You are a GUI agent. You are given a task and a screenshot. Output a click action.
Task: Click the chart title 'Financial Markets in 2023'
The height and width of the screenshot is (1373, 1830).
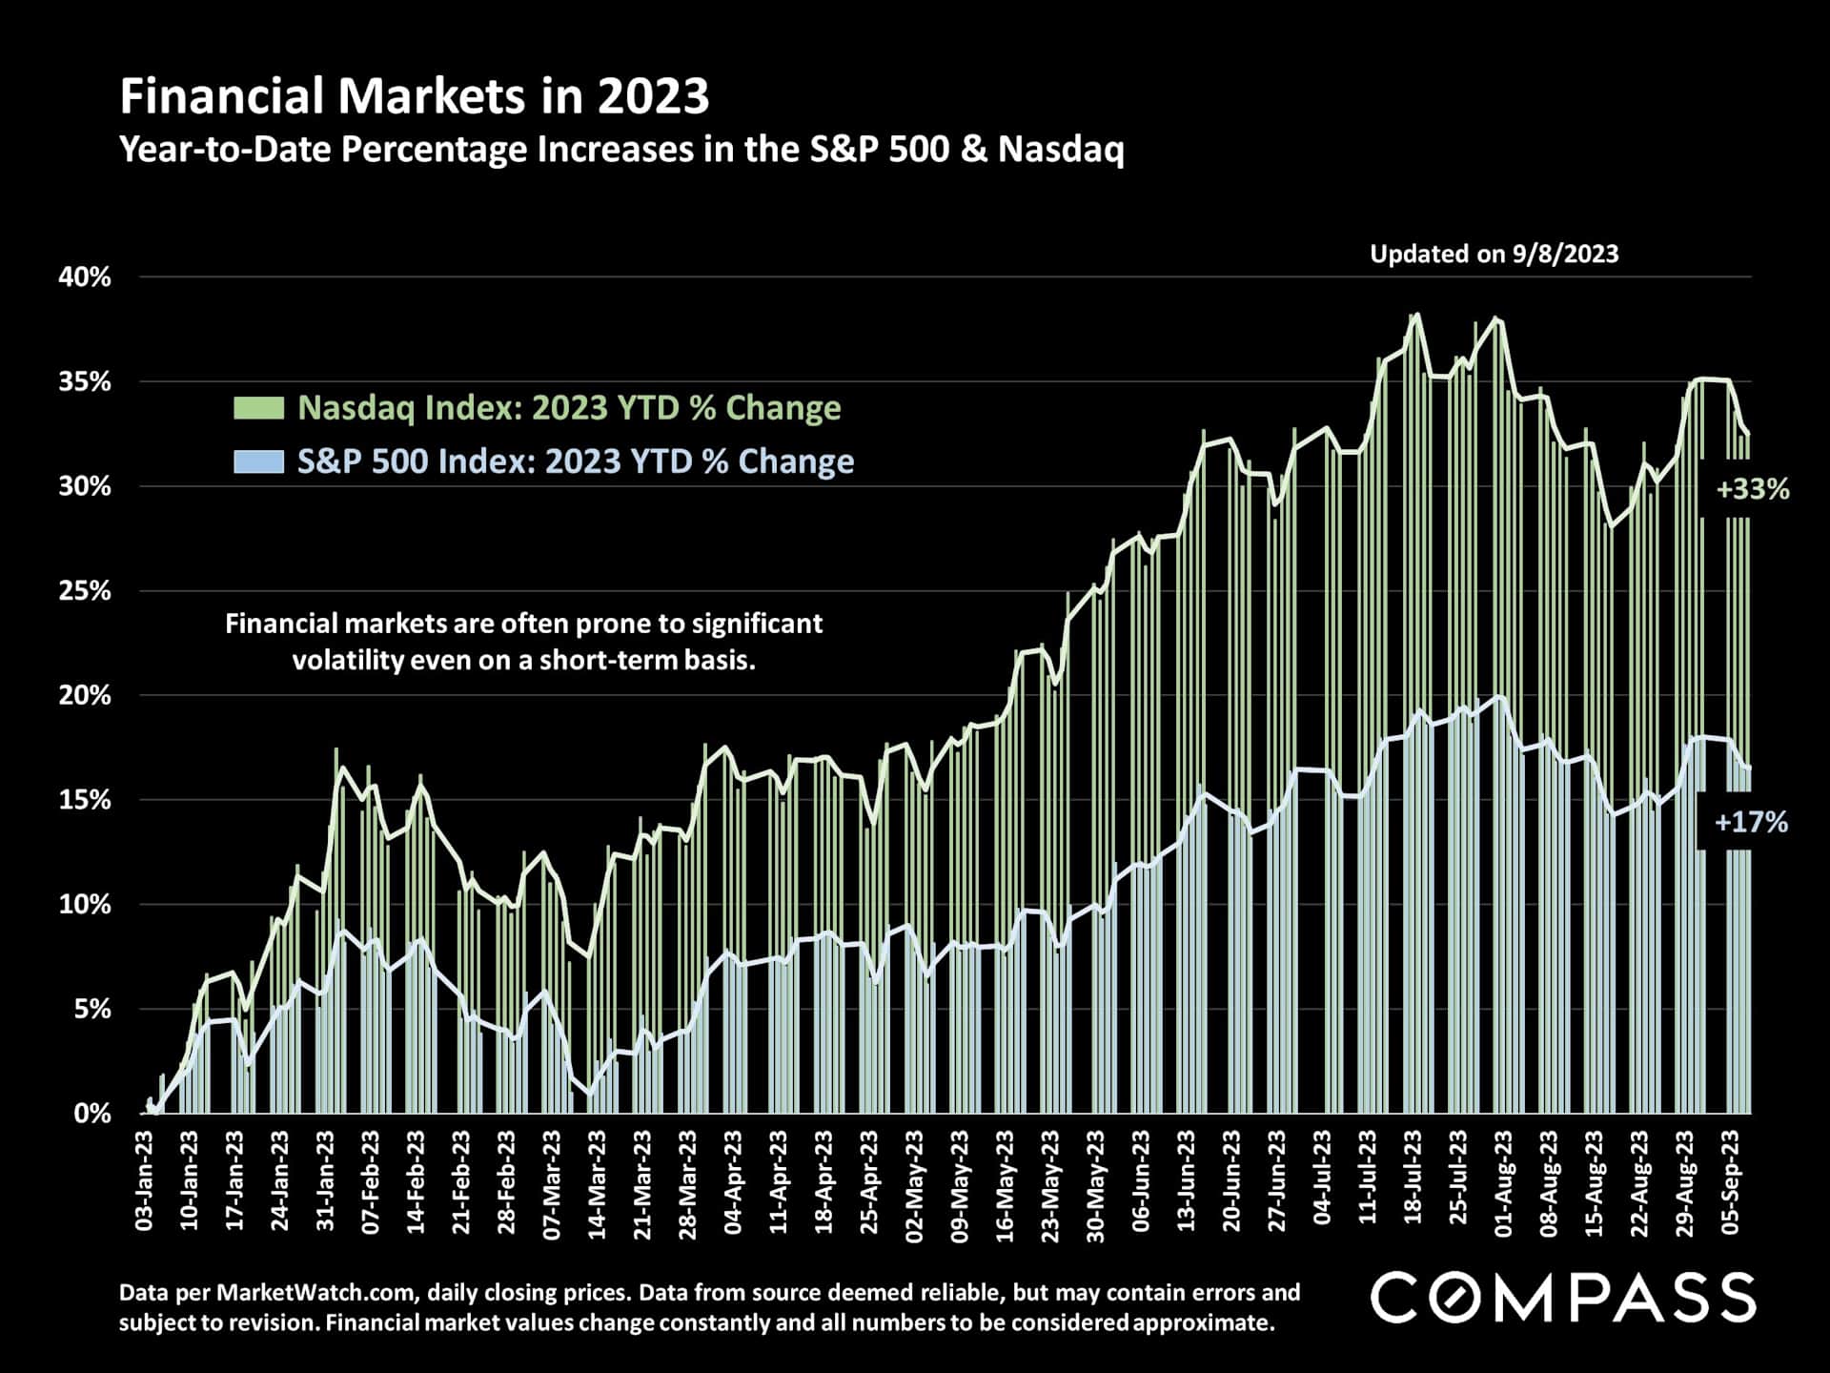click(415, 96)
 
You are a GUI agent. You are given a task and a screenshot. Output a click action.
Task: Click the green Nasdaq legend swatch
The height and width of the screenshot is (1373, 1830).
click(258, 408)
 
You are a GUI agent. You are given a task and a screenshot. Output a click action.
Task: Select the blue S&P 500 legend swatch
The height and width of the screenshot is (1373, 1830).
click(258, 461)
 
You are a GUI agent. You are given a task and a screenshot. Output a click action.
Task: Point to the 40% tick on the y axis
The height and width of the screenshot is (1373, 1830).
click(85, 277)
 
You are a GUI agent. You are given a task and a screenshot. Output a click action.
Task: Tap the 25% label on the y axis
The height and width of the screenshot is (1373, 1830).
click(85, 591)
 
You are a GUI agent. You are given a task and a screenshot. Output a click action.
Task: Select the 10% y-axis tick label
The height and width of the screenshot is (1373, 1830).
click(85, 905)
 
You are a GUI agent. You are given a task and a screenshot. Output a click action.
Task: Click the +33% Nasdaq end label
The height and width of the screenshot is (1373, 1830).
click(1752, 490)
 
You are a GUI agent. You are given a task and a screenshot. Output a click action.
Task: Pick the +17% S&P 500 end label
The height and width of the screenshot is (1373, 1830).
click(1751, 823)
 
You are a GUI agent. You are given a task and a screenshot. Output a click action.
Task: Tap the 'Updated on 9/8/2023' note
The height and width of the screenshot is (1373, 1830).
click(1494, 254)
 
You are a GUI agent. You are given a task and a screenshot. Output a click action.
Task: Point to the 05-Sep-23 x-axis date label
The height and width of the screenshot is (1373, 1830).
click(1730, 1181)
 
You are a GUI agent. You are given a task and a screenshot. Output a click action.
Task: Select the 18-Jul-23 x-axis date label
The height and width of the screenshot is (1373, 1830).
click(1413, 1181)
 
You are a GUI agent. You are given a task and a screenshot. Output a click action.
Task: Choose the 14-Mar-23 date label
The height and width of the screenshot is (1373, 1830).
click(597, 1181)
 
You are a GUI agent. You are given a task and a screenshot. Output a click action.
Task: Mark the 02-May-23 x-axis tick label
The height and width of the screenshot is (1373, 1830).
click(914, 1181)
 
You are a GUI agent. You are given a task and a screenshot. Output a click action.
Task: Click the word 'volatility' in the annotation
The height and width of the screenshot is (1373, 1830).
click(347, 660)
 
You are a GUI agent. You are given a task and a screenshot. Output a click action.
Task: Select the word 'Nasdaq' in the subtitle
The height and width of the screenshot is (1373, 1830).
click(1061, 150)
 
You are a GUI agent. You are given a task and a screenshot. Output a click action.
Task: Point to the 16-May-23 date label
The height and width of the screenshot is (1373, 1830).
click(1005, 1181)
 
